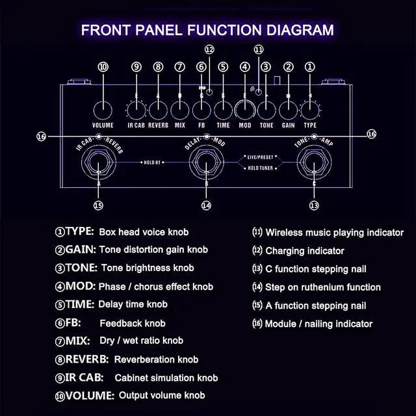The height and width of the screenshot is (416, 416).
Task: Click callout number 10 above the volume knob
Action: (103, 66)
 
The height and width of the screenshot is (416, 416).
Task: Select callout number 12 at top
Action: (209, 49)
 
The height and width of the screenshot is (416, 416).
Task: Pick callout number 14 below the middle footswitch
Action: (207, 205)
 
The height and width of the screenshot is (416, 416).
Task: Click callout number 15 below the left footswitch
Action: (99, 205)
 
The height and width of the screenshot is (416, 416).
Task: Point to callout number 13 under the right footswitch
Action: (314, 205)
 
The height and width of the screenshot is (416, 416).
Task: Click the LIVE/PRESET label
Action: (261, 157)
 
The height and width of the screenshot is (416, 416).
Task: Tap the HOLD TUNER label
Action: (261, 168)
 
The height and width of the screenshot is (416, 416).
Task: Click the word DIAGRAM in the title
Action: (291, 30)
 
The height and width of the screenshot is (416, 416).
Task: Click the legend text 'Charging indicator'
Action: (304, 250)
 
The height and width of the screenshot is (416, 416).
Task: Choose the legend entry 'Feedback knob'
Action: (132, 323)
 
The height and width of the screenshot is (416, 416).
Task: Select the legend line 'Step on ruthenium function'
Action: (322, 287)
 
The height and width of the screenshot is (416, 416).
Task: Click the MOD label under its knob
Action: (245, 124)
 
